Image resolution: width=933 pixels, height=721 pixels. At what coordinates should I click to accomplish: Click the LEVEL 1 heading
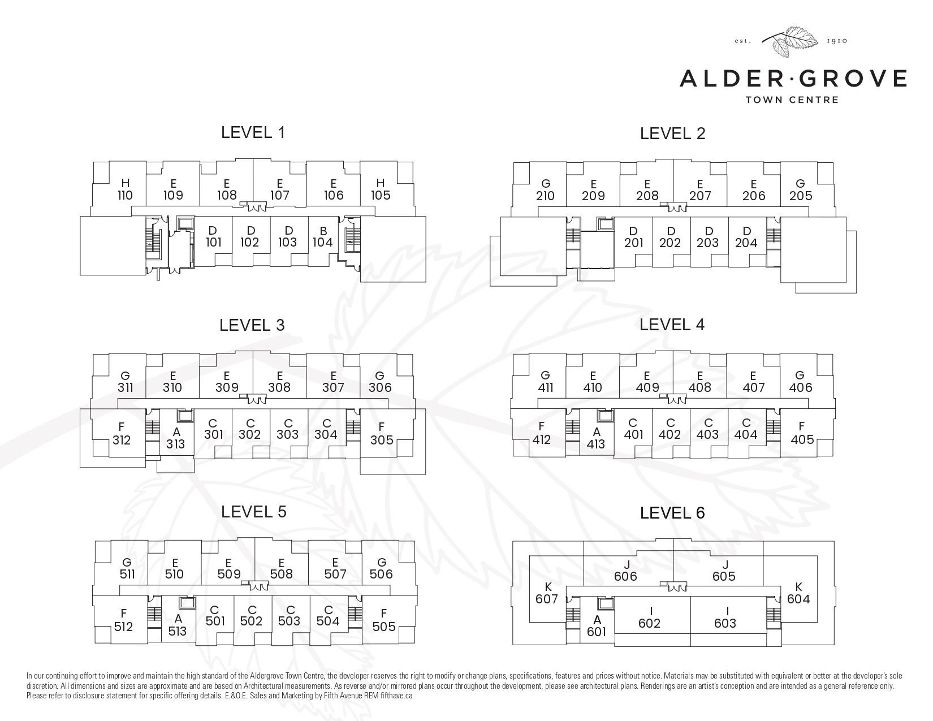coord(253,132)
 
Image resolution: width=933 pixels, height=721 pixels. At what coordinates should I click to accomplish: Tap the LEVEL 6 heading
coord(672,513)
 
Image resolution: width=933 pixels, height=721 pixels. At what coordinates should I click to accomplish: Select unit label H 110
coord(126,189)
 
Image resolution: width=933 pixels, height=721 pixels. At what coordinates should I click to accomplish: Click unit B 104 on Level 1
coord(323,236)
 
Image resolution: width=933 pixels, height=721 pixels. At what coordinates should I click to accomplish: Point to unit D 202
coord(670,237)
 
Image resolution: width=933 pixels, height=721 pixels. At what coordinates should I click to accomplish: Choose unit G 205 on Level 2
coord(801,190)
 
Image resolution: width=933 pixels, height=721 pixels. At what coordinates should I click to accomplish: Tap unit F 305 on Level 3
coord(382,434)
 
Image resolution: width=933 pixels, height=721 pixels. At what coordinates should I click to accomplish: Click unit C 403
coord(707,429)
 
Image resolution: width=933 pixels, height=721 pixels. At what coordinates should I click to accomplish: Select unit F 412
coord(542,433)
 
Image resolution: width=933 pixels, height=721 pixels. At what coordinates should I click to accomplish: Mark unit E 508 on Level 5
coord(282,568)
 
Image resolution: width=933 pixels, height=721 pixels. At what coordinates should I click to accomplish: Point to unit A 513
coord(178,625)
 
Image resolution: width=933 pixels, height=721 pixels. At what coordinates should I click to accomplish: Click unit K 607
coord(547,593)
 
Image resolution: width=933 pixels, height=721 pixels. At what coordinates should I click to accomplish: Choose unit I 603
coord(725,617)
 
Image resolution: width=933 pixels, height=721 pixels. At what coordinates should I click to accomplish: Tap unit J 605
coord(724,570)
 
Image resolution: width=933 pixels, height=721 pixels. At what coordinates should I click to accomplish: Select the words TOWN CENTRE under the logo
coord(792,100)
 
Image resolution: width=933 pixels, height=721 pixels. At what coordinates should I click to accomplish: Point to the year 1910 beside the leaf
coord(837,41)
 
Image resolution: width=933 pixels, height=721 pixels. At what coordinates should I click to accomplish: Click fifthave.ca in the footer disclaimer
coord(396,695)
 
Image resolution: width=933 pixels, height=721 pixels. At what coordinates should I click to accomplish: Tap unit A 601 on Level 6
coord(597,625)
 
